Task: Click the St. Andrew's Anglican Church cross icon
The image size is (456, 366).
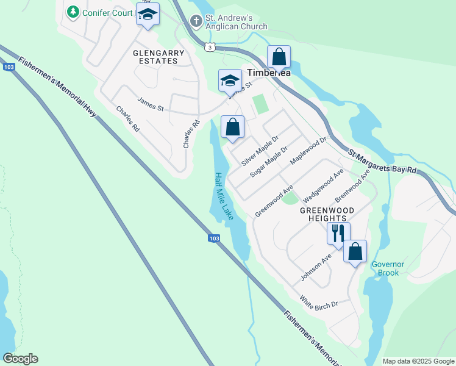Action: [196, 21]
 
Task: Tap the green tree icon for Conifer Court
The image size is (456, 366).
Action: [73, 12]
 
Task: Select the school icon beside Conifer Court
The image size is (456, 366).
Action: [147, 15]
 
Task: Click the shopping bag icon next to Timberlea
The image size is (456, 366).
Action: [279, 57]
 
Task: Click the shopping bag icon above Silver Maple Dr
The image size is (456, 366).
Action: [232, 128]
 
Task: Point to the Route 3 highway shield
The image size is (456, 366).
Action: [210, 47]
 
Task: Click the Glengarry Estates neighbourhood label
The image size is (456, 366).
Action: [159, 57]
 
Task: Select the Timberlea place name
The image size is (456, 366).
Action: [269, 73]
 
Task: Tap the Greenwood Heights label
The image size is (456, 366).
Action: [323, 213]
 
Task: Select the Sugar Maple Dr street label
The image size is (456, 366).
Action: [269, 162]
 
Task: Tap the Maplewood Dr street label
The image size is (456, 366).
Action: [308, 150]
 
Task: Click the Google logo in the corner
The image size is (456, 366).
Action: [20, 359]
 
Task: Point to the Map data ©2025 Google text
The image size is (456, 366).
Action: [418, 361]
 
